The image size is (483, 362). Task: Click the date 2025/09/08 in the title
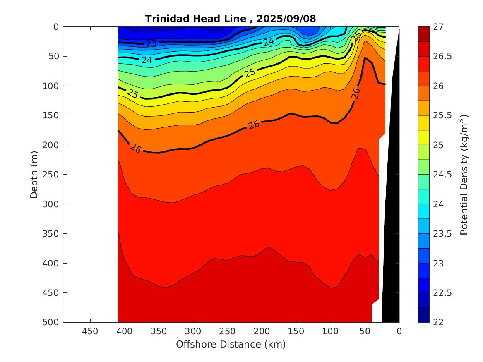click(286, 19)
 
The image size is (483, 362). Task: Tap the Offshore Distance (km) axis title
click(231, 344)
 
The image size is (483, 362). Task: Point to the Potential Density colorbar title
click(464, 174)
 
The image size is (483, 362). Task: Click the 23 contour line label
click(151, 43)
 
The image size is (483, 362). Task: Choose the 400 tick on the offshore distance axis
click(125, 331)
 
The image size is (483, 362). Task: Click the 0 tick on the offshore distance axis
click(399, 331)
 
